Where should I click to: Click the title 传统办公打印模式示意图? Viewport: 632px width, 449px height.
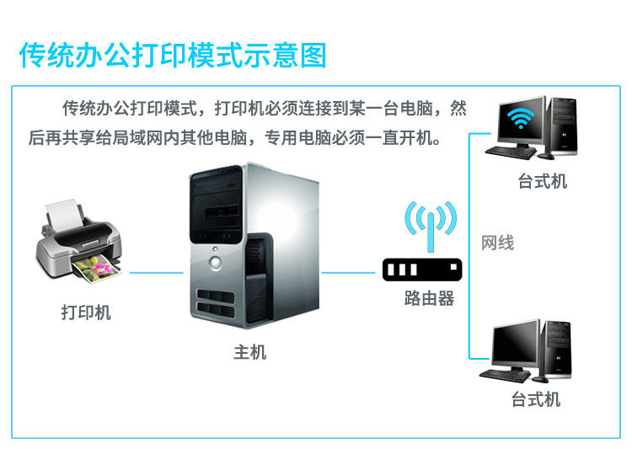[173, 56]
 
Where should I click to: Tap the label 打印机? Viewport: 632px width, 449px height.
[86, 313]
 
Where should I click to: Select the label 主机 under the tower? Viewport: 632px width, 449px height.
[250, 351]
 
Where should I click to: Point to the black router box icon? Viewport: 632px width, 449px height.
[423, 270]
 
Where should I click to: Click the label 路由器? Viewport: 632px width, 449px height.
[429, 298]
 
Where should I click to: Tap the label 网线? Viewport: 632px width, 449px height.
[497, 243]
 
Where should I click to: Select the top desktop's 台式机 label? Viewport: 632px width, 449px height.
[543, 182]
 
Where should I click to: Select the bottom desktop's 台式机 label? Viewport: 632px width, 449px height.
[536, 398]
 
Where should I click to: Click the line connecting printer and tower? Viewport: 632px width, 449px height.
[156, 272]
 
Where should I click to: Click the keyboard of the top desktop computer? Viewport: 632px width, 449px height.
[516, 153]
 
